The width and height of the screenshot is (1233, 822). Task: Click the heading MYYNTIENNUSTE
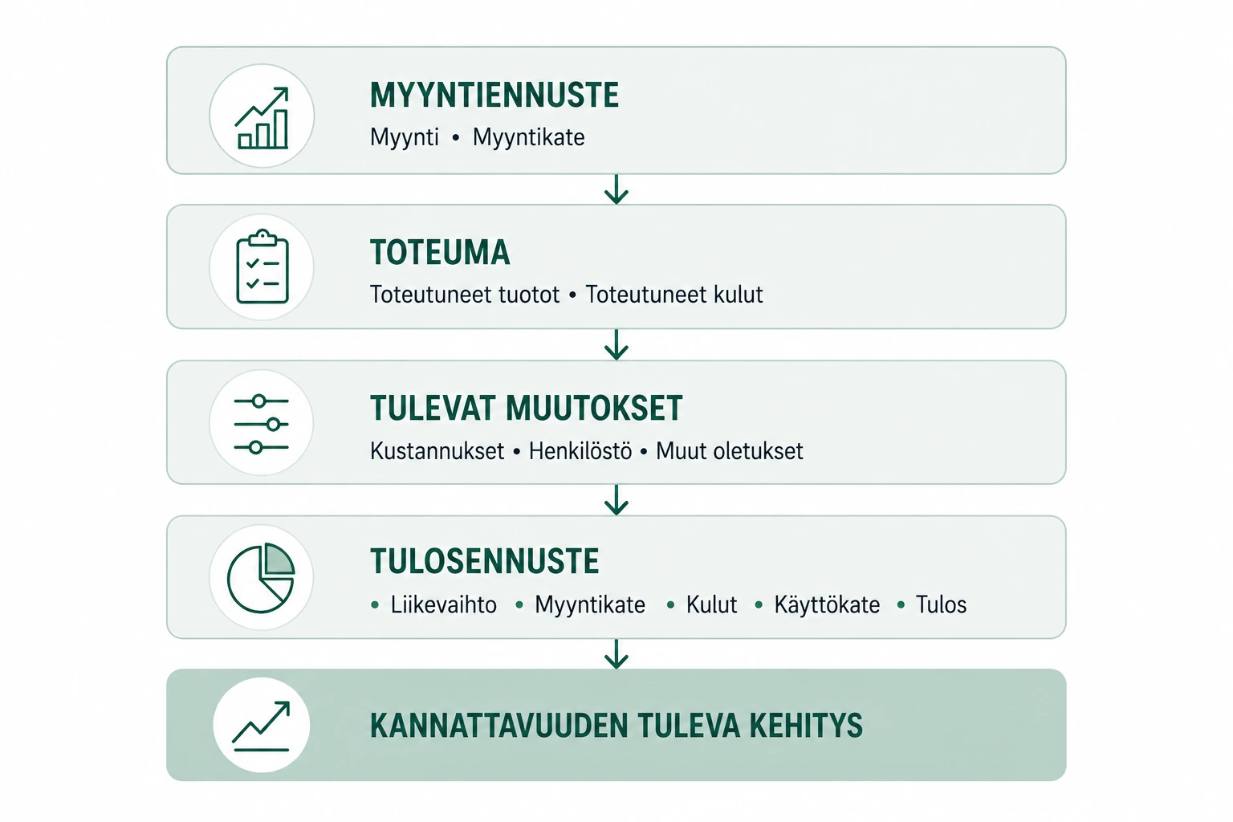(494, 96)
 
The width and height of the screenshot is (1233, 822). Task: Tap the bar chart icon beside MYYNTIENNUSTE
(262, 118)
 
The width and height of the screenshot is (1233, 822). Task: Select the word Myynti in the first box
(405, 137)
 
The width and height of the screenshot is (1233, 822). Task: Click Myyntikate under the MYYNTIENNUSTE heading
(528, 137)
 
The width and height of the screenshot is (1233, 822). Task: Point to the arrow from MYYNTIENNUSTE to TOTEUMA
(616, 189)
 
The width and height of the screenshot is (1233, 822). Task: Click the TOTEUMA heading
(440, 253)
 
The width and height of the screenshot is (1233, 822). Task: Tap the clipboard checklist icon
(262, 267)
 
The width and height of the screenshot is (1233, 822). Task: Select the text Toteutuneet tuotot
(465, 295)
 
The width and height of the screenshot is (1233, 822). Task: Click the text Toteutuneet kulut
(674, 295)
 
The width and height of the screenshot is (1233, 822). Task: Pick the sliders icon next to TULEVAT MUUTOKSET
(262, 424)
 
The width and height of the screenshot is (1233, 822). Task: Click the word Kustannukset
(437, 451)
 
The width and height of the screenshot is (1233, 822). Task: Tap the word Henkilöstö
(580, 451)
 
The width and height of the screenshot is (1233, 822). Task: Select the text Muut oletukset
(730, 451)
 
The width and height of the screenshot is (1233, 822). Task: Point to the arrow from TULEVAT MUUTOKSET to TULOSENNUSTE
(616, 500)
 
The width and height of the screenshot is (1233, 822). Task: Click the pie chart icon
(261, 578)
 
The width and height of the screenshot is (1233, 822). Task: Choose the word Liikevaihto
(444, 605)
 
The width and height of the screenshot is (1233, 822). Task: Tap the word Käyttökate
(827, 605)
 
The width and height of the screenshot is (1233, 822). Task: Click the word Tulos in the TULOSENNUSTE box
(941, 605)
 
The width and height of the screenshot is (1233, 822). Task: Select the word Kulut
(711, 605)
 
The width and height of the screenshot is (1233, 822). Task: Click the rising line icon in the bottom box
(261, 726)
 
